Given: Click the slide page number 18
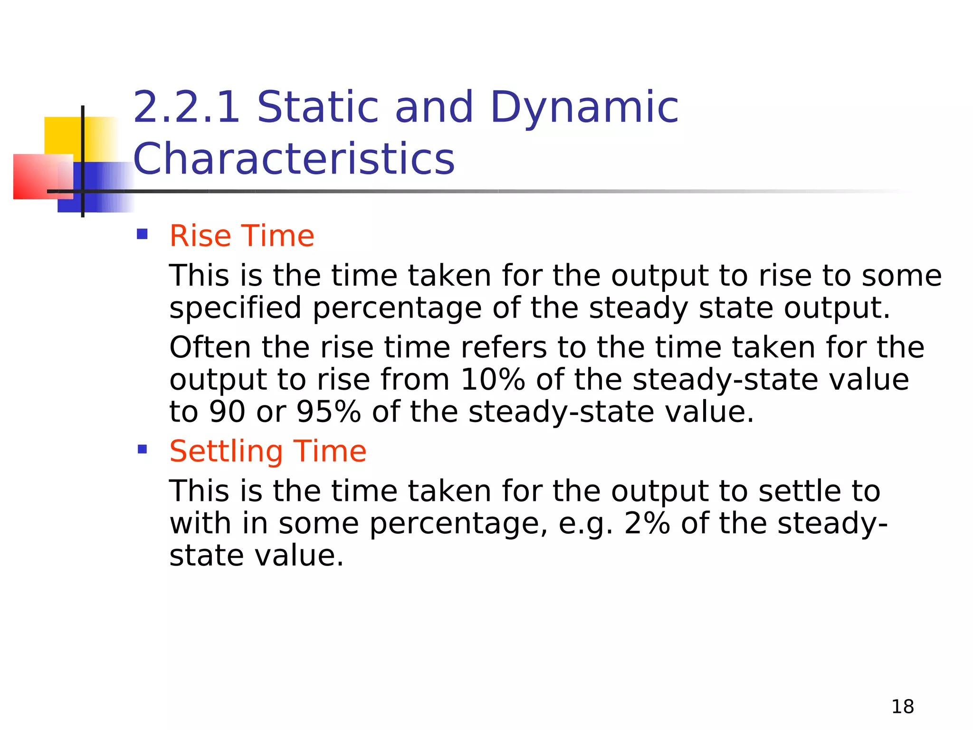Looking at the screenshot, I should point(902,707).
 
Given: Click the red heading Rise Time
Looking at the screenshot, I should point(242,236).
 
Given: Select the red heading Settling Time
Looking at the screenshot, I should point(268,451).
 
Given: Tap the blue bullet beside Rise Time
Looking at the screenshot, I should point(142,234).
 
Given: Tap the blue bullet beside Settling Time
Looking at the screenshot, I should point(142,449).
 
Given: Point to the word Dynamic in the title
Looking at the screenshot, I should point(584,108).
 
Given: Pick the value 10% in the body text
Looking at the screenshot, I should point(493,380).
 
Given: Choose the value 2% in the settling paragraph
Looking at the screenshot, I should point(647,523).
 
